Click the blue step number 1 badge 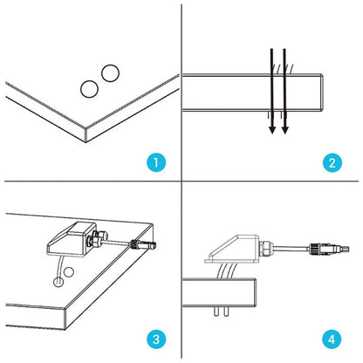click(156, 162)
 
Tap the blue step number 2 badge click(332, 162)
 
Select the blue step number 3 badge click(156, 339)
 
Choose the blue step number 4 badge click(332, 339)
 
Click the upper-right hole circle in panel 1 click(110, 73)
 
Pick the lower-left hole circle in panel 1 click(89, 89)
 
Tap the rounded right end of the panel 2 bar click(321, 92)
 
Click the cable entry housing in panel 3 click(72, 238)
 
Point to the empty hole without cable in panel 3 click(69, 272)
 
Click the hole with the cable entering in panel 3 click(58, 282)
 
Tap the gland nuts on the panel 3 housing click(97, 237)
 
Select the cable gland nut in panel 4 click(265, 248)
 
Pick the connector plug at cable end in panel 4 click(329, 250)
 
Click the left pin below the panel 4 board click(216, 312)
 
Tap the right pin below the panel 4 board click(226, 312)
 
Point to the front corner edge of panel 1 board click(86, 134)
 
